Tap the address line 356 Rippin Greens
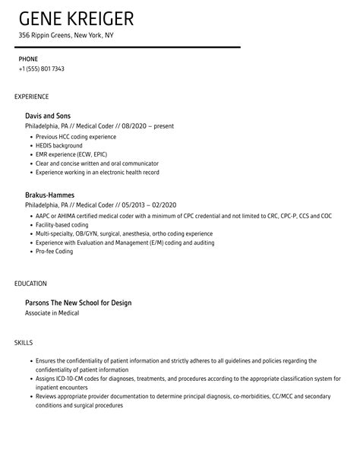click(67, 36)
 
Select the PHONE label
click(28, 59)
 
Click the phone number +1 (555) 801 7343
click(42, 68)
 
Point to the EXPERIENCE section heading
click(32, 97)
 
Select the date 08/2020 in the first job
click(134, 126)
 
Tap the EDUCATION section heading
click(31, 283)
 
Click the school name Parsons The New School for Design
click(78, 303)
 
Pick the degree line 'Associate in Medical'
click(52, 312)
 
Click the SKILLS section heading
click(23, 343)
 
